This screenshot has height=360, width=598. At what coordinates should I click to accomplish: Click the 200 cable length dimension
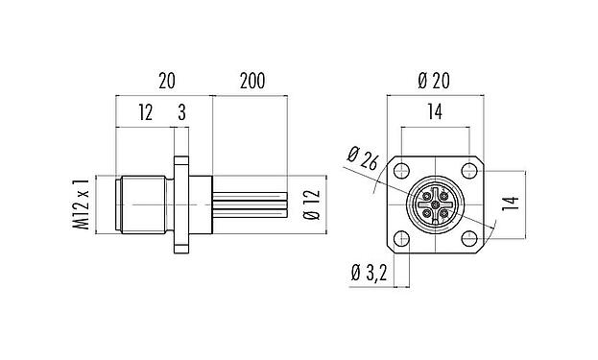click(252, 84)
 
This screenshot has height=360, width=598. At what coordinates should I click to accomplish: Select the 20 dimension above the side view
click(166, 84)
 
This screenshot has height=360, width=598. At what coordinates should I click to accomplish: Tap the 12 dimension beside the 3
click(145, 114)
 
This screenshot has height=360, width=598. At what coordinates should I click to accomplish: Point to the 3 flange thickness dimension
click(181, 114)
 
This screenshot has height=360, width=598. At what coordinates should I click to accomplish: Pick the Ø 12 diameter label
click(310, 204)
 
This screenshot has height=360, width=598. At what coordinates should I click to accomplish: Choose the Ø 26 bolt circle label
click(362, 161)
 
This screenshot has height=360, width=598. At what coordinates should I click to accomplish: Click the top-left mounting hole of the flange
click(402, 172)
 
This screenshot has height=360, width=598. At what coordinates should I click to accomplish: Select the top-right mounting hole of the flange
click(468, 172)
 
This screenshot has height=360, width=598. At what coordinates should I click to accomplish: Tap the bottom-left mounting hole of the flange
click(402, 237)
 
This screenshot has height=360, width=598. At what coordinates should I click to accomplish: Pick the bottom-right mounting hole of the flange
click(468, 237)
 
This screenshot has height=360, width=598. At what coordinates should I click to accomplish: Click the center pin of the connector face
click(436, 204)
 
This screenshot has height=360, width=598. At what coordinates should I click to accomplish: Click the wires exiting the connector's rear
click(250, 204)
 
